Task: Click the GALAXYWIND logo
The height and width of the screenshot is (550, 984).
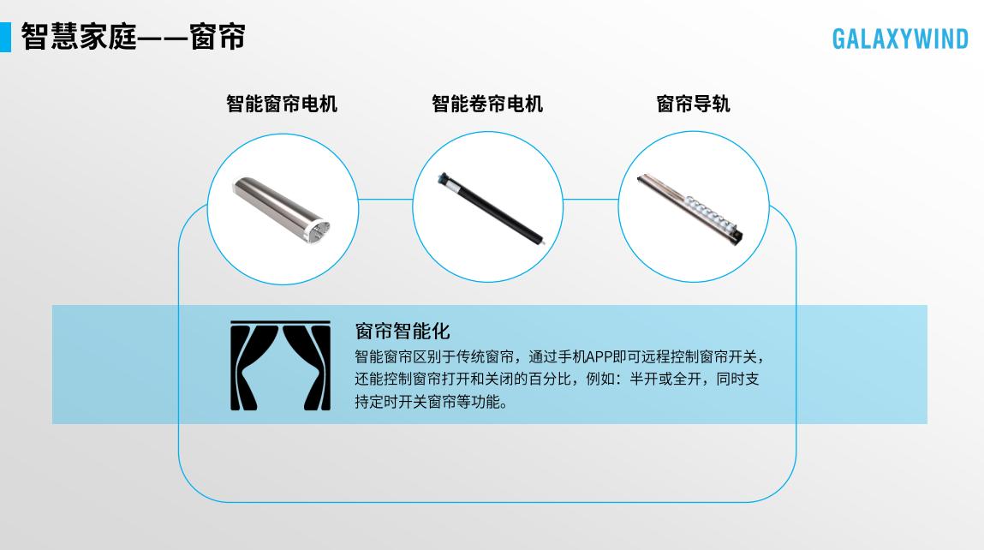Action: (900, 39)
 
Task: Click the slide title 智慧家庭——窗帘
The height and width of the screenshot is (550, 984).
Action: (134, 37)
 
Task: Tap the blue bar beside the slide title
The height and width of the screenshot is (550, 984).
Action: (5, 37)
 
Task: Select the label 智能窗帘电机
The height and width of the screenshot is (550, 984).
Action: (281, 105)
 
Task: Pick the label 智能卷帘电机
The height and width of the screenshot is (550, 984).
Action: (486, 105)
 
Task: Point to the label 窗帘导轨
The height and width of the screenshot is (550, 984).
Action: (693, 105)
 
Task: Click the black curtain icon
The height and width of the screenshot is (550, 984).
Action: (280, 365)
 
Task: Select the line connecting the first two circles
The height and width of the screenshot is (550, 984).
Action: (385, 200)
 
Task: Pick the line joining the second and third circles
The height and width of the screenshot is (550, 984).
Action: (590, 200)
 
